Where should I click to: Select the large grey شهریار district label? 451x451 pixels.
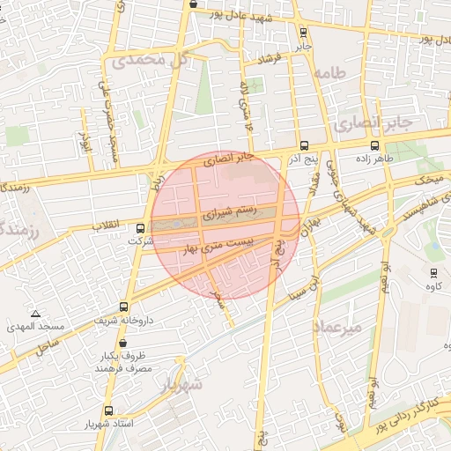[x=181, y=385]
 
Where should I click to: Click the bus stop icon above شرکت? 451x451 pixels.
[x=139, y=228]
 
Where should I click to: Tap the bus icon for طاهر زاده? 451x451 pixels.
[x=376, y=146]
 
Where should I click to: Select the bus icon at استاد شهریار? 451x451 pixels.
[x=108, y=410]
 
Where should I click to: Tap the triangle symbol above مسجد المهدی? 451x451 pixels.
[x=35, y=314]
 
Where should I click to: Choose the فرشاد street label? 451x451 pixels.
[x=273, y=58]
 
